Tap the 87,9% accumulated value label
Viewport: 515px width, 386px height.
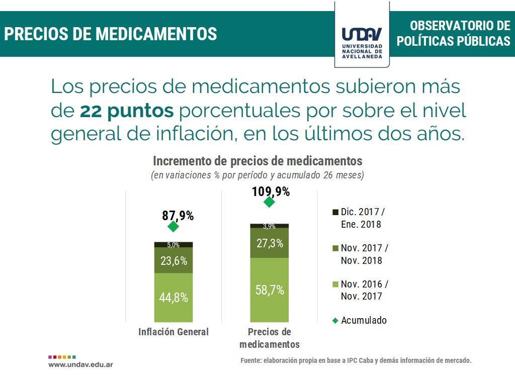coord(178,216)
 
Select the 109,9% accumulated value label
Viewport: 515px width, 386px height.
coord(271,191)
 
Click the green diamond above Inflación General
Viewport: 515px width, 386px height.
coord(174,227)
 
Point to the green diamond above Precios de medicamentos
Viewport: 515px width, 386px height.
coord(269,202)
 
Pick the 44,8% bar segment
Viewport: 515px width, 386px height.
coord(174,297)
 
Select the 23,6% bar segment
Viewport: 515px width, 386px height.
coord(174,260)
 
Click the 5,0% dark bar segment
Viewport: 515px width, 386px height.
coord(174,245)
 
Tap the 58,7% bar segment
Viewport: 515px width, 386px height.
coord(270,290)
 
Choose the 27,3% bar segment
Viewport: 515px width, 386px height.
coord(270,243)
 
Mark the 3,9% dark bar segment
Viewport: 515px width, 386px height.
coord(270,226)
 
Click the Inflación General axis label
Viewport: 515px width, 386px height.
coord(174,332)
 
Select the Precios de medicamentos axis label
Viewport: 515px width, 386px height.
coord(270,338)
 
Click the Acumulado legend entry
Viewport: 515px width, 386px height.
coord(359,320)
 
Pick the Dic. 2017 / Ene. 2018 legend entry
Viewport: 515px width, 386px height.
coord(360,218)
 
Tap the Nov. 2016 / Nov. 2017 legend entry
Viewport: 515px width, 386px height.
coord(360,290)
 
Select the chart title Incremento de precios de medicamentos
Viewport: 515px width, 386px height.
coord(257,161)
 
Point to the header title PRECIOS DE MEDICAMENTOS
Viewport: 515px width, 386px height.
coord(111,34)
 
